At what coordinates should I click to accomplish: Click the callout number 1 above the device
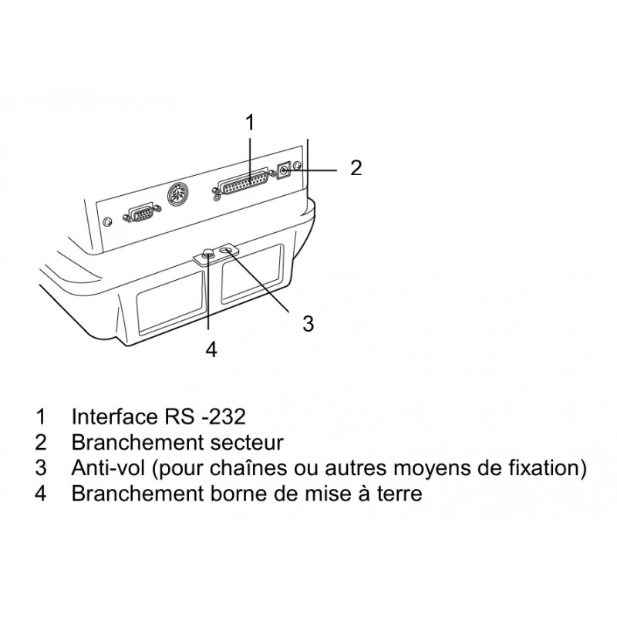click(250, 122)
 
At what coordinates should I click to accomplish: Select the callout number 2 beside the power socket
click(356, 168)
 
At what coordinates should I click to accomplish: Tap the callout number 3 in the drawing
click(308, 323)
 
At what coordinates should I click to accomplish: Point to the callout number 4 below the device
click(211, 349)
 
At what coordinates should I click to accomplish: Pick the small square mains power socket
click(284, 170)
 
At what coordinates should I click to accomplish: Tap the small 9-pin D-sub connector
click(142, 214)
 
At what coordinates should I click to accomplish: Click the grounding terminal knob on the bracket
click(208, 253)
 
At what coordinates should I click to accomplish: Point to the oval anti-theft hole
click(228, 250)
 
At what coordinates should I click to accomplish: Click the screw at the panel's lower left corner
click(106, 222)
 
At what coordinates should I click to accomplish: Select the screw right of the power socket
click(297, 165)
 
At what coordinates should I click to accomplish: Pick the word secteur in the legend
click(247, 442)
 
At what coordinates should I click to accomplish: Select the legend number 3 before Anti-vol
click(41, 468)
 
